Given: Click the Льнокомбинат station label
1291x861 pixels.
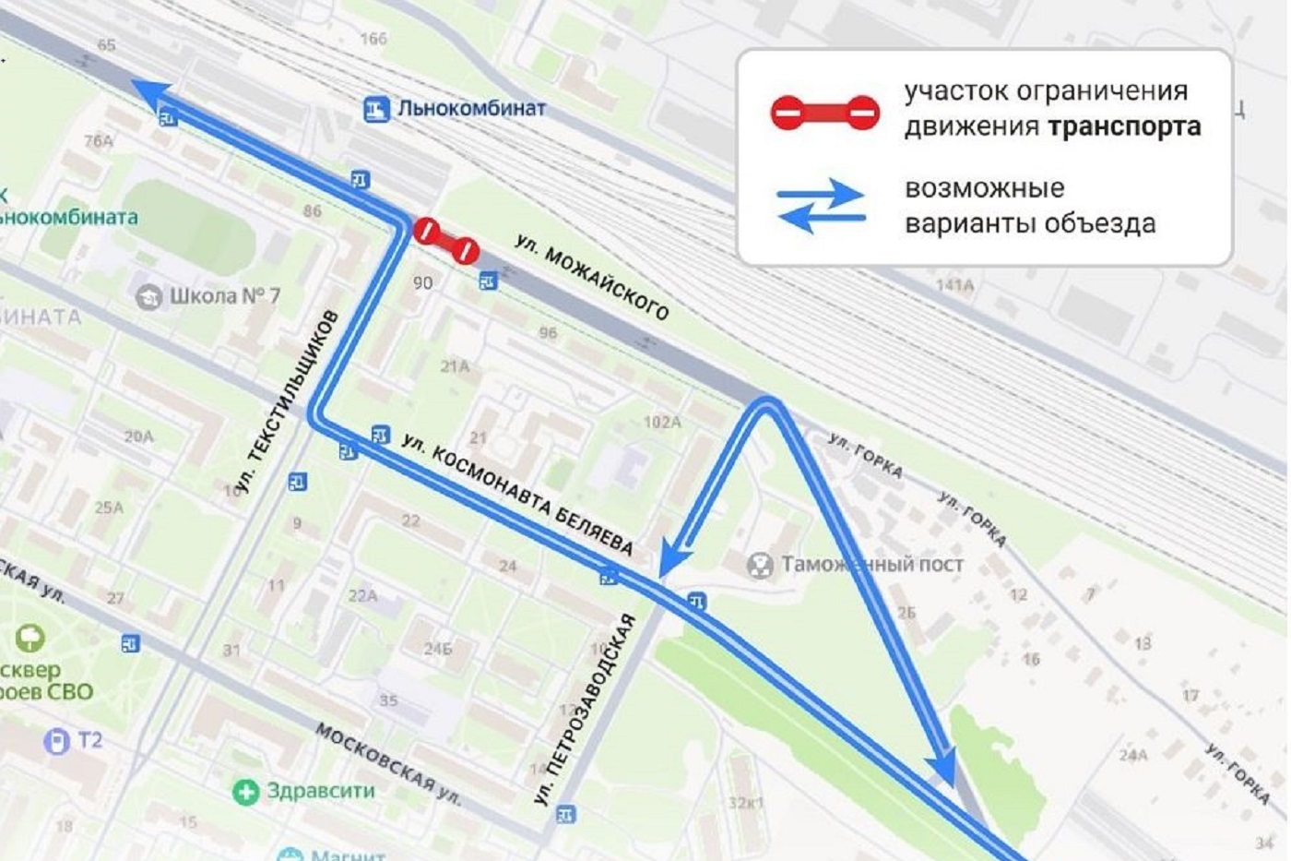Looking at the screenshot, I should click(471, 108).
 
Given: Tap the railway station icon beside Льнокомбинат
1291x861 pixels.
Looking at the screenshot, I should click(375, 110).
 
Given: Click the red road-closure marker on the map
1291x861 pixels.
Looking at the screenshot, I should click(445, 240).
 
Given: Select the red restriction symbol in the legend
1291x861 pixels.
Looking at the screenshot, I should click(824, 113).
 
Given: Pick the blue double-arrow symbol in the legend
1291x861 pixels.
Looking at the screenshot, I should click(821, 206).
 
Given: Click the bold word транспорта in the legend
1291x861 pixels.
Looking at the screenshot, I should click(1125, 126).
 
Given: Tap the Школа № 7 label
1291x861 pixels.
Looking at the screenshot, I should click(224, 296).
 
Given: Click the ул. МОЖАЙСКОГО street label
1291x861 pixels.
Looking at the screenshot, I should click(591, 277).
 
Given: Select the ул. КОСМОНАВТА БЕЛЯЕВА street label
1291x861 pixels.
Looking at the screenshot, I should click(518, 495).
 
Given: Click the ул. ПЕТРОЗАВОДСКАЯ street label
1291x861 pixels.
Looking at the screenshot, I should click(586, 710).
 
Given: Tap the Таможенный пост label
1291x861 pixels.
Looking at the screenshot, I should click(872, 564).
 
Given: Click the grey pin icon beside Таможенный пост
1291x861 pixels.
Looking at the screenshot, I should click(760, 565).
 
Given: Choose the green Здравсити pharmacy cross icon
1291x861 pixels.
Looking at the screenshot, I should click(245, 792).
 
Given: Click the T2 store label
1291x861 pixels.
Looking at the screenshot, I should click(89, 740).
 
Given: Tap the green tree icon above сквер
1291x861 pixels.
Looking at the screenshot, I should click(30, 638).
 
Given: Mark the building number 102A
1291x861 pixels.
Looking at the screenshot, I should click(662, 422).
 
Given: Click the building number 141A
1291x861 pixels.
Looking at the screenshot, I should click(954, 285).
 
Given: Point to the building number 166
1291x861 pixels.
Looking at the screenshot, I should click(373, 39).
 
